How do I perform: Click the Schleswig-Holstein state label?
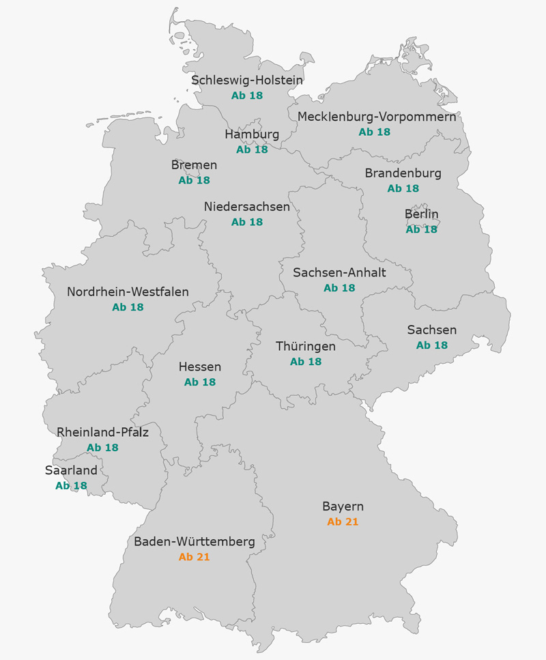tap(246, 80)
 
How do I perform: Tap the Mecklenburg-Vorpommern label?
tap(376, 116)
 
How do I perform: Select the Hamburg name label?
tap(252, 134)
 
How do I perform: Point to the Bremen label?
tap(194, 165)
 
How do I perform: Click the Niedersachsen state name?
tap(246, 206)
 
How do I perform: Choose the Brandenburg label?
tap(403, 173)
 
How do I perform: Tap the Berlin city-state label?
tap(421, 214)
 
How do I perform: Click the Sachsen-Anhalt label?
tap(339, 272)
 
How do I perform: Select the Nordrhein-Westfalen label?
tap(128, 292)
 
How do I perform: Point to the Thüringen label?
tap(305, 346)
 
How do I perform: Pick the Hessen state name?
tap(199, 367)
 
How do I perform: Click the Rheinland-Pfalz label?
tap(102, 432)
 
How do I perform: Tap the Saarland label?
tap(71, 470)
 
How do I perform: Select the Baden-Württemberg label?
tap(194, 542)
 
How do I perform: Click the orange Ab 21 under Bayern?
tap(343, 522)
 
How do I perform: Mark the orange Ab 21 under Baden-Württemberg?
tap(194, 557)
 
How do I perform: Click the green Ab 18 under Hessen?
tap(199, 382)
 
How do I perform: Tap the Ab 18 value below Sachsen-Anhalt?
tap(339, 288)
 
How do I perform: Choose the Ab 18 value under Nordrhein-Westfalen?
tap(128, 308)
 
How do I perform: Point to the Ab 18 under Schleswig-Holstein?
tap(246, 96)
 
